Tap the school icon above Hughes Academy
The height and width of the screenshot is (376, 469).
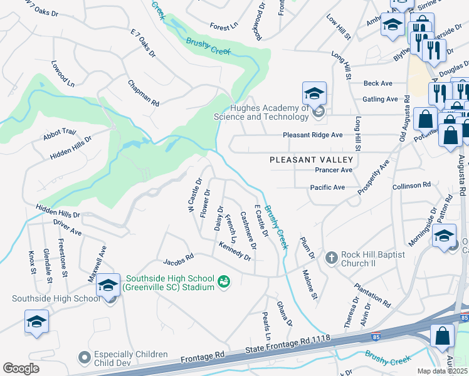click(314, 93)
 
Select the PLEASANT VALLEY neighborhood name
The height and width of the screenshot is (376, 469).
click(308, 160)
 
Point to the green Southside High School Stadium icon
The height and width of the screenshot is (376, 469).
click(223, 283)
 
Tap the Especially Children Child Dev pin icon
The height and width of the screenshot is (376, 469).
click(85, 358)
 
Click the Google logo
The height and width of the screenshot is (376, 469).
click(21, 368)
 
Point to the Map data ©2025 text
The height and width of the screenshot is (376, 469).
click(443, 371)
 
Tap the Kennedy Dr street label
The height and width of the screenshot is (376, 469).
click(235, 253)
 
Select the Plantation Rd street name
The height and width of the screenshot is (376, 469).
click(372, 295)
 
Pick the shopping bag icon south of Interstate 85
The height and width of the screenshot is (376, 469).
click(442, 336)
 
